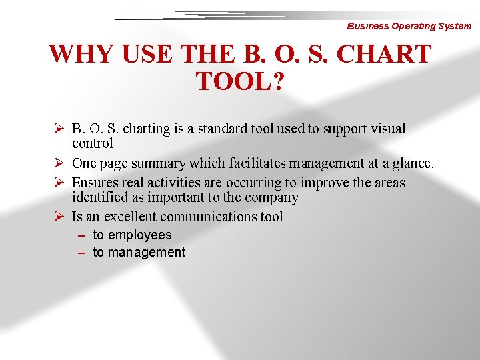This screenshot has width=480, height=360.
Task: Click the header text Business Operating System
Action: click(409, 27)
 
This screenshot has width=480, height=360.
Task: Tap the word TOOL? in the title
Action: click(240, 83)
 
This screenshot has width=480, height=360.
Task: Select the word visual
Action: click(386, 129)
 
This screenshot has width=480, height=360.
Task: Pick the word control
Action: click(93, 143)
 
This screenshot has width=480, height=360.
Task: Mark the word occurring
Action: click(258, 183)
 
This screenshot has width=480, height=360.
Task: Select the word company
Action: click(273, 197)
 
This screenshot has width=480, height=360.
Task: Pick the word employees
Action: click(139, 235)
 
